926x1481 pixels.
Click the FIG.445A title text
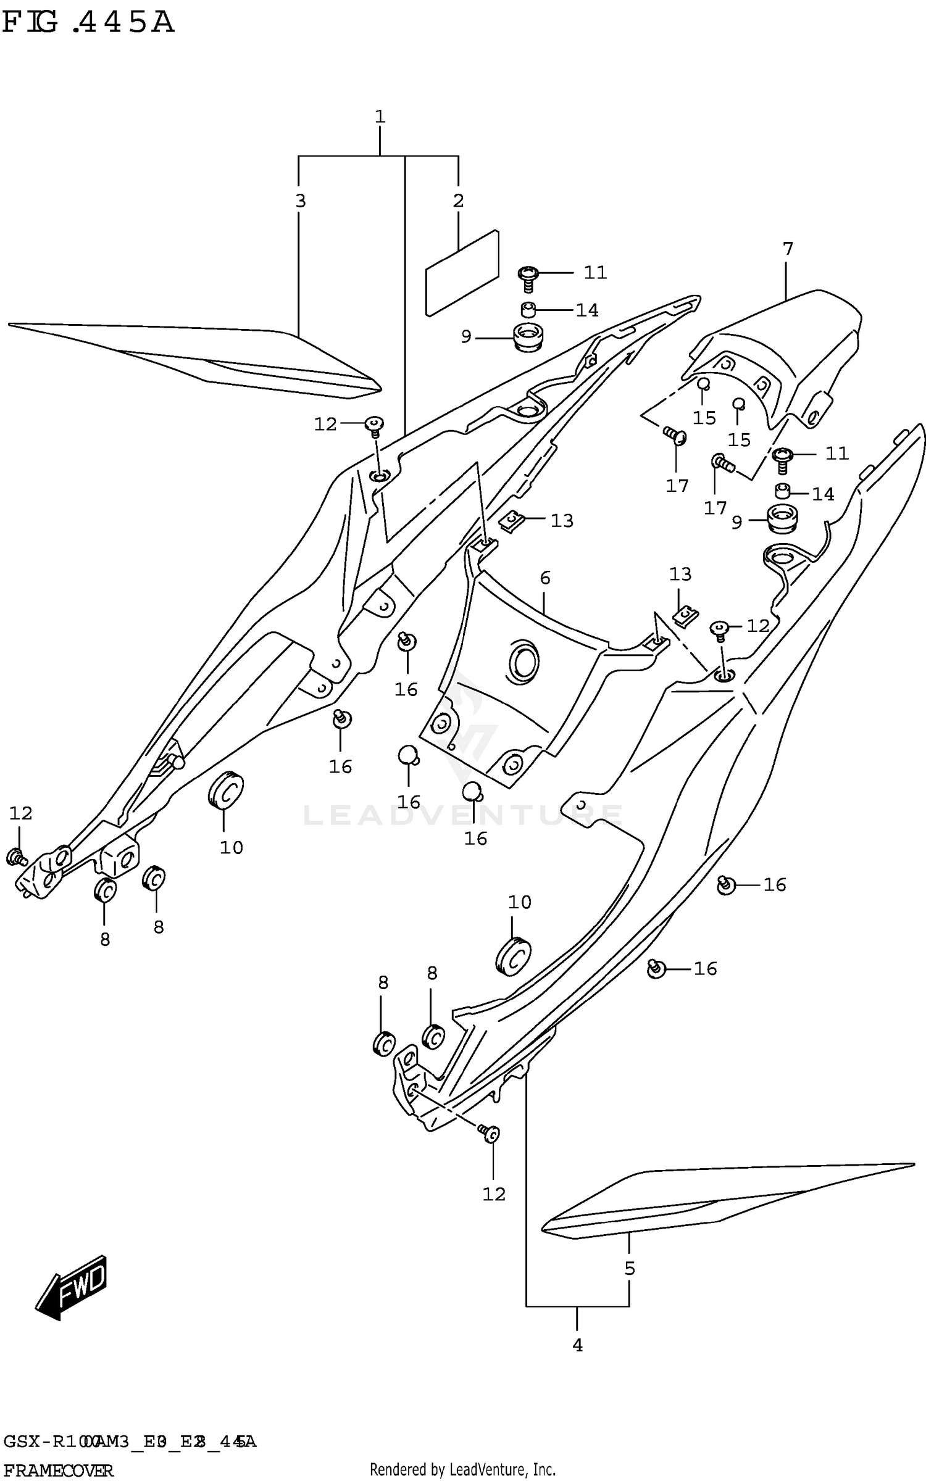pyautogui.click(x=88, y=23)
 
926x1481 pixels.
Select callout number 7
pyautogui.click(x=787, y=249)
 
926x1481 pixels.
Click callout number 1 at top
pyautogui.click(x=380, y=116)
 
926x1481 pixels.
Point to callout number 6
pyautogui.click(x=544, y=578)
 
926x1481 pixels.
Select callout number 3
pyautogui.click(x=300, y=201)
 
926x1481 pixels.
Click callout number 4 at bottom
pyautogui.click(x=577, y=1345)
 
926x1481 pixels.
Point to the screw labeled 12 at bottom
pyautogui.click(x=491, y=1134)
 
